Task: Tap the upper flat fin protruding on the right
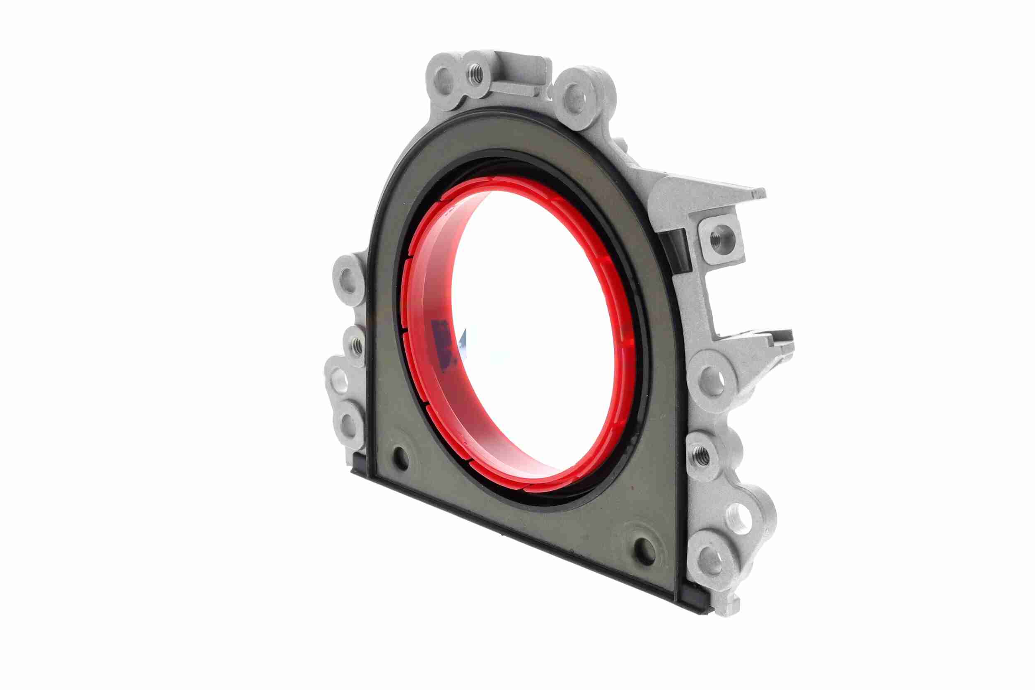coord(721,190)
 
